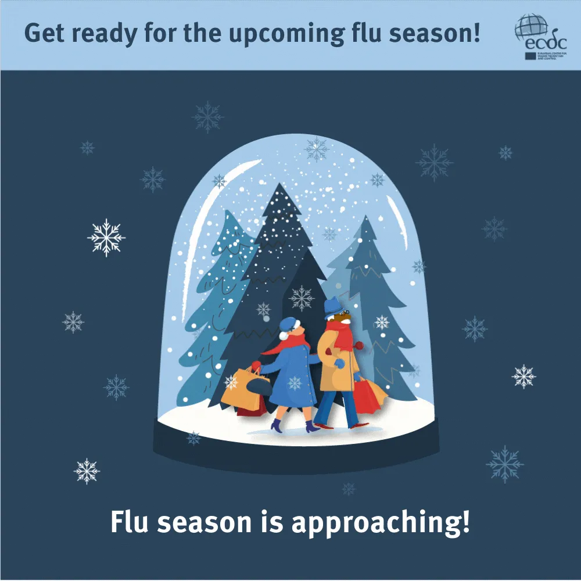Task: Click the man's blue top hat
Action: click(x=333, y=306)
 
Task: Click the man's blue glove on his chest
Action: click(x=339, y=364)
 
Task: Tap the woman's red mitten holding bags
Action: click(x=256, y=366)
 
